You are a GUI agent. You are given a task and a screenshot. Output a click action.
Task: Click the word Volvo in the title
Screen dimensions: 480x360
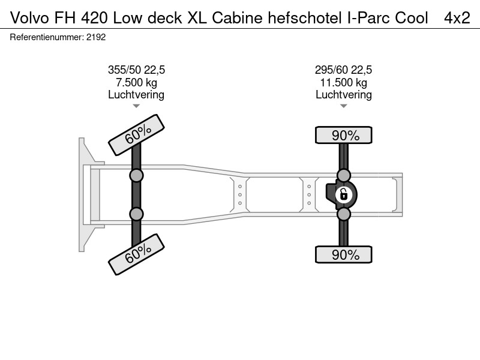(x=29, y=18)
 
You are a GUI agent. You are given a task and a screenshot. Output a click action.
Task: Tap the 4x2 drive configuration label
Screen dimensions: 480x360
(x=457, y=18)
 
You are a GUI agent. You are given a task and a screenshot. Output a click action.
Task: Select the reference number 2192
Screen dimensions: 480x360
(x=96, y=37)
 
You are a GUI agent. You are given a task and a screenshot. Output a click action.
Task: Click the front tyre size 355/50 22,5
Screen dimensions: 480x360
(x=136, y=70)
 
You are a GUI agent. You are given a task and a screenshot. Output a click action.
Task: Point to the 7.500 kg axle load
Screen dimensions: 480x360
(x=136, y=83)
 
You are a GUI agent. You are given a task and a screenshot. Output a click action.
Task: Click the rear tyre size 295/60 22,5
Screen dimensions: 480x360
(x=343, y=70)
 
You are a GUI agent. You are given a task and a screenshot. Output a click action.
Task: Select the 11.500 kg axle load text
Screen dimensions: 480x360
(x=343, y=83)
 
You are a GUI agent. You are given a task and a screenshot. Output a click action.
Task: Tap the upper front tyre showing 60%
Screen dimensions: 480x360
(x=137, y=135)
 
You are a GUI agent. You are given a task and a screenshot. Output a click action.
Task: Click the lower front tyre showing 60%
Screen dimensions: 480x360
(x=137, y=254)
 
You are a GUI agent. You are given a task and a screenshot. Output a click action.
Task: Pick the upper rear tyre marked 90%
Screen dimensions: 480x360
(x=343, y=135)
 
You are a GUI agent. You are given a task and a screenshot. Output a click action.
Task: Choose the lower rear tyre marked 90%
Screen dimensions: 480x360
(x=343, y=254)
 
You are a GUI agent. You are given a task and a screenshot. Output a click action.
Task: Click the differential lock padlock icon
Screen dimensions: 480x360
(x=344, y=194)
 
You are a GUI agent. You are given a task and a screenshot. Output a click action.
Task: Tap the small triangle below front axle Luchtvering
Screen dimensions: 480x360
(x=136, y=106)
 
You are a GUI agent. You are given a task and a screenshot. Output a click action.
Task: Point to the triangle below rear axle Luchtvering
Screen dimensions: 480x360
(x=343, y=106)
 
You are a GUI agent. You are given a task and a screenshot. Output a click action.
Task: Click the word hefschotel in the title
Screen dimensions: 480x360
(x=305, y=18)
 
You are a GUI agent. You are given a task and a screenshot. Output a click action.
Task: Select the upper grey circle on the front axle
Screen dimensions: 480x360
(x=136, y=176)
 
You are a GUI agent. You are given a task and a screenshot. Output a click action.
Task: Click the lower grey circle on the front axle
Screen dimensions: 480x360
(x=136, y=214)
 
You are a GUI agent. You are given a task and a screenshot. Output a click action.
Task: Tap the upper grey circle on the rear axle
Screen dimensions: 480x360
(x=343, y=176)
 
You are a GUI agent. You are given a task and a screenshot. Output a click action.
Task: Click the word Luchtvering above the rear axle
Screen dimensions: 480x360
(x=343, y=95)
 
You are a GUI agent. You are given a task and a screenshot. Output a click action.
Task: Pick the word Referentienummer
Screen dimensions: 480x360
(x=46, y=37)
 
